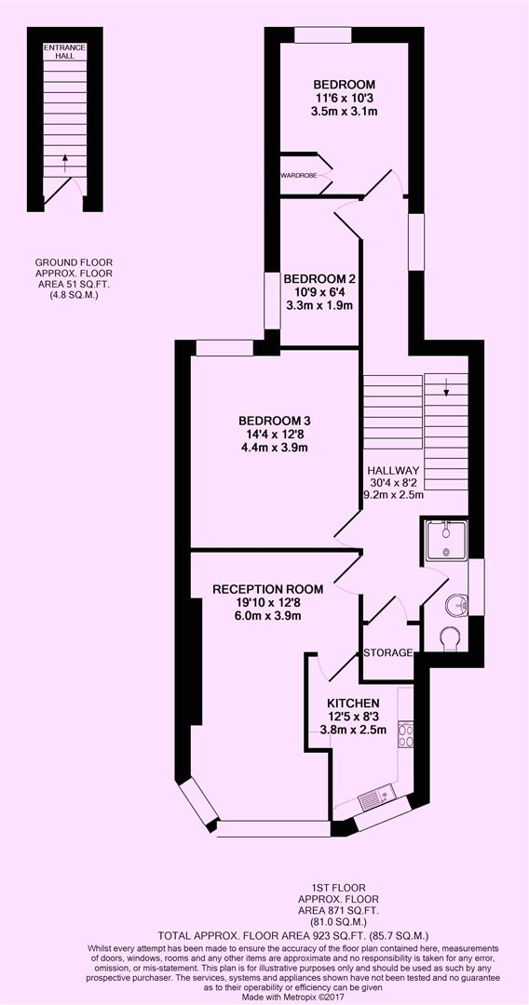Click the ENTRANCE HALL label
[x=64, y=50]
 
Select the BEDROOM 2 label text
[x=319, y=278]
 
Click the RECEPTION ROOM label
[x=267, y=588]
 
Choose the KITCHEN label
[x=352, y=703]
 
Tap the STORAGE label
[x=387, y=652]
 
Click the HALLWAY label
[x=393, y=471]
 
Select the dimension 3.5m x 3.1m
[x=345, y=111]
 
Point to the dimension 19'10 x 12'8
[x=267, y=602]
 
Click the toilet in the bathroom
[x=449, y=638]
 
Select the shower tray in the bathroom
[x=446, y=542]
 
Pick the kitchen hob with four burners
[x=406, y=736]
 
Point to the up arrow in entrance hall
[x=64, y=164]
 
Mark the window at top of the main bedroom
[x=323, y=35]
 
